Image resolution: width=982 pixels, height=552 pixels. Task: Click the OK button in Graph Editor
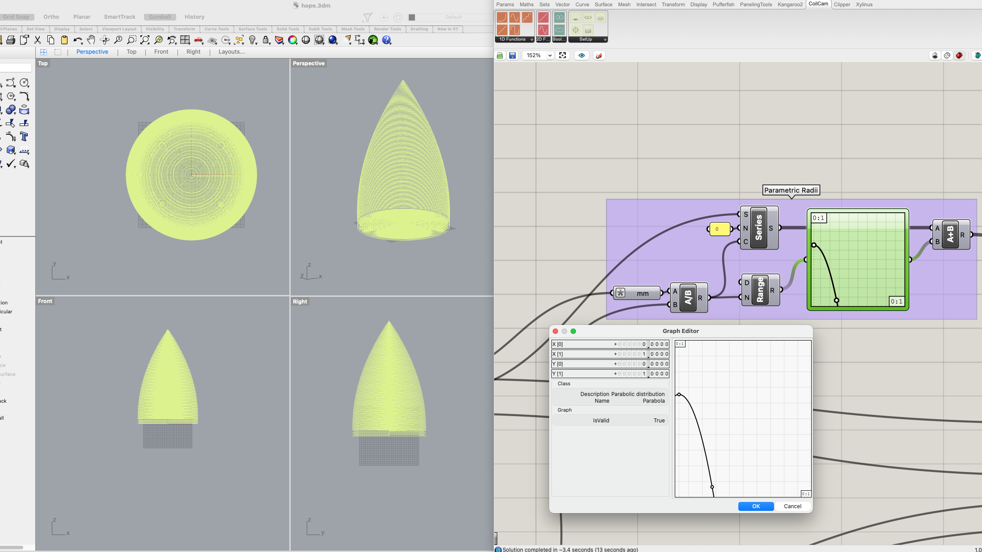(756, 506)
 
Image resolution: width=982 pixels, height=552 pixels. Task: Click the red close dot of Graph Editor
(555, 331)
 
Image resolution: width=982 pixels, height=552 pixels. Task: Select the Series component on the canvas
(758, 228)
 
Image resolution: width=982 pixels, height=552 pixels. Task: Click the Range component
(760, 290)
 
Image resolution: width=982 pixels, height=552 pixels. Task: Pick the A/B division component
(688, 298)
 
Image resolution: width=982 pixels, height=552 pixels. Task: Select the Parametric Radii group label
(791, 190)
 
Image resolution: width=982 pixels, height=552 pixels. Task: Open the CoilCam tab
(818, 4)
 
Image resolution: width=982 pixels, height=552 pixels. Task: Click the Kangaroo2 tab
(790, 4)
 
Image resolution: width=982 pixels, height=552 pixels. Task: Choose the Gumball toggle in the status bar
(160, 17)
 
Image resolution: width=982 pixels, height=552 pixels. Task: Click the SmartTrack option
(119, 17)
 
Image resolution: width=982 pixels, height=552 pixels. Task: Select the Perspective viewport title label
(309, 63)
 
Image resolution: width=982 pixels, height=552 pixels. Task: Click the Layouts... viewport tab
(231, 52)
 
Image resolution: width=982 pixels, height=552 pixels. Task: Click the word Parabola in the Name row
(653, 401)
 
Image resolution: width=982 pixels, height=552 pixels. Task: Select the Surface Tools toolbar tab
(252, 29)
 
